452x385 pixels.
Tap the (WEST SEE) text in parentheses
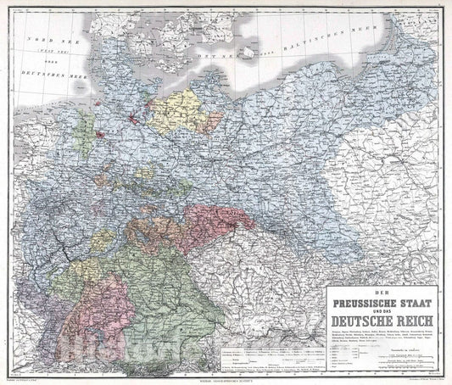tap(44, 53)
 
